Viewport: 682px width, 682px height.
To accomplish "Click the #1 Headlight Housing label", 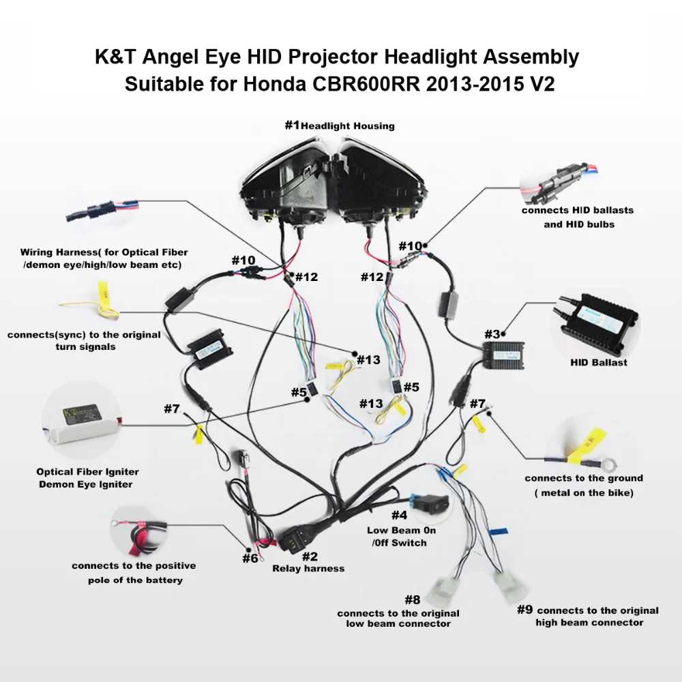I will [x=340, y=125].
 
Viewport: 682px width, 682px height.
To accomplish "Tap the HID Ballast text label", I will [x=598, y=362].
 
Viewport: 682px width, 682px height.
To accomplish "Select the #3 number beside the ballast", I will [x=492, y=334].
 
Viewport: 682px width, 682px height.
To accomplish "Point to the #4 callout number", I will [x=399, y=515].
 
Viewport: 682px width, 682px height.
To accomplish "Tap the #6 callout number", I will [x=250, y=558].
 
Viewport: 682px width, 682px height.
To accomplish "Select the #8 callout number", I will [x=412, y=600].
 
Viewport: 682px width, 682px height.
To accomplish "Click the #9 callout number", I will [x=524, y=609].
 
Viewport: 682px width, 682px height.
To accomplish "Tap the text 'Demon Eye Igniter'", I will [x=86, y=484].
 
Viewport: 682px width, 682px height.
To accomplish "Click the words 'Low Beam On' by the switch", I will [x=401, y=530].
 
